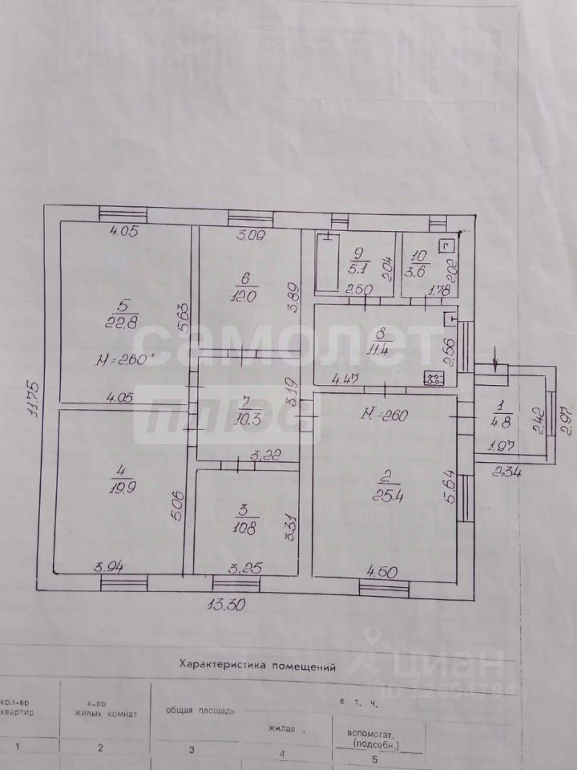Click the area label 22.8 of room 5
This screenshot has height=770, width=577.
125,324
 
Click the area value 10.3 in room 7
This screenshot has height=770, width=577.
245,418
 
